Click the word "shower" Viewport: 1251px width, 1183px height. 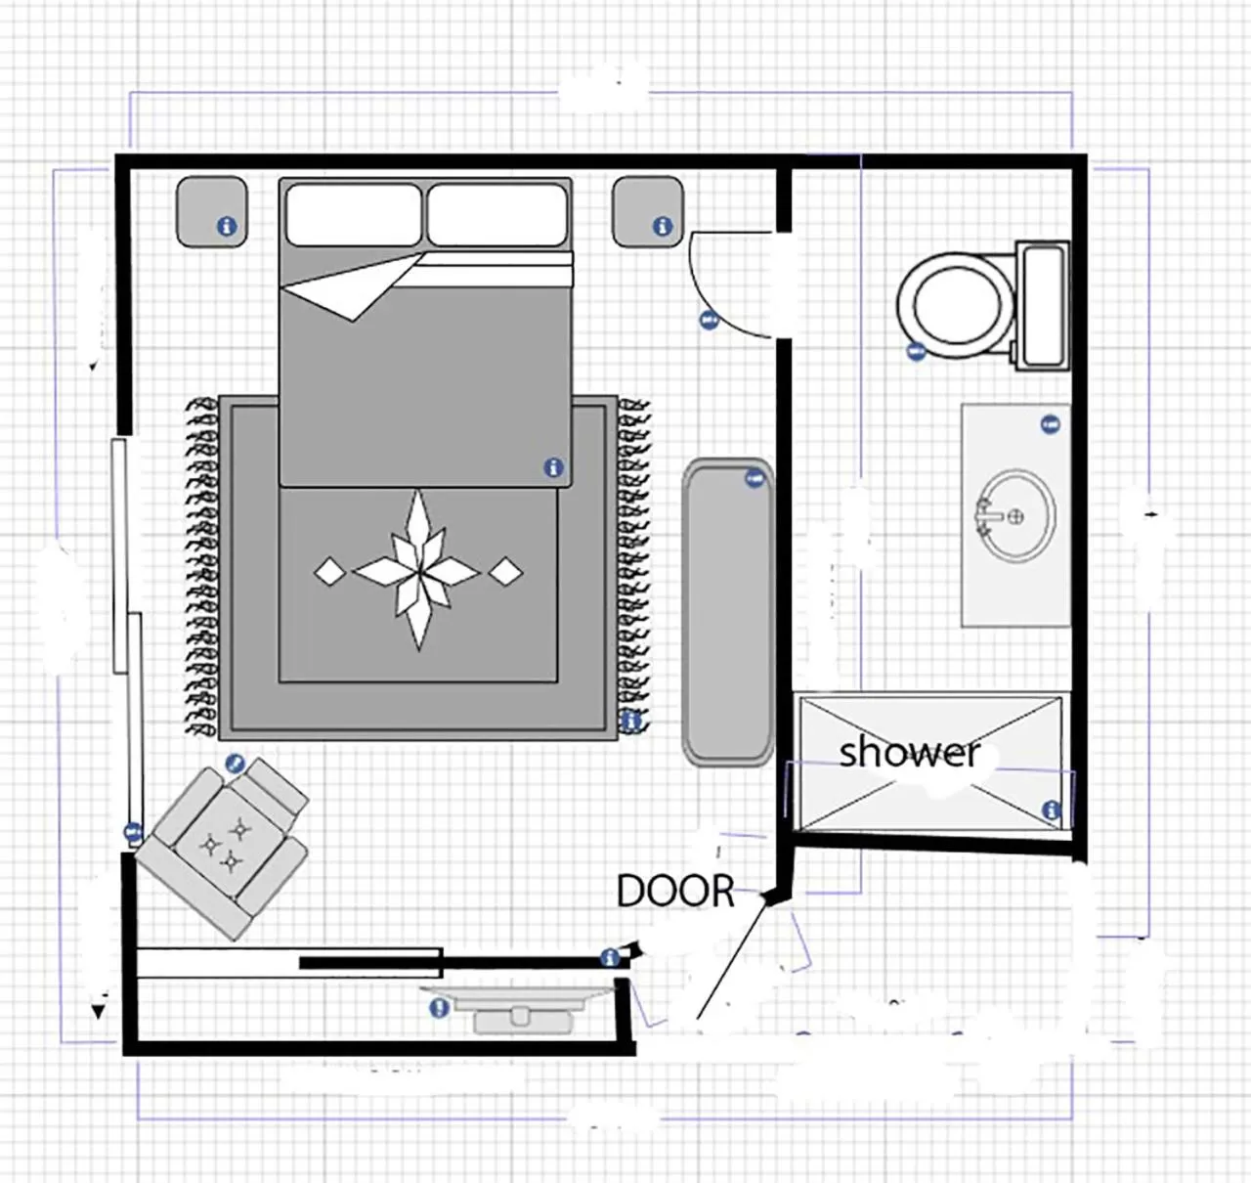[x=909, y=752]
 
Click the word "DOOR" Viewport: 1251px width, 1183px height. [x=675, y=891]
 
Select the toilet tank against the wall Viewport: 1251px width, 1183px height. [x=1042, y=305]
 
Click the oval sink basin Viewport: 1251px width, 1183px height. [x=1017, y=515]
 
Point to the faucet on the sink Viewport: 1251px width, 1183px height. [x=985, y=515]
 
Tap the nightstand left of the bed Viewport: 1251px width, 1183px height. [x=210, y=211]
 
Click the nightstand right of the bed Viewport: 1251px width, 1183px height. [x=647, y=211]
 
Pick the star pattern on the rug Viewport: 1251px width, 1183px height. [x=417, y=570]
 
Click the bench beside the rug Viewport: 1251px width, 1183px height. [x=728, y=611]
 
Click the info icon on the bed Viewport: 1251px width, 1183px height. [x=553, y=467]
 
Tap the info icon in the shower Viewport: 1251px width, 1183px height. [x=1051, y=810]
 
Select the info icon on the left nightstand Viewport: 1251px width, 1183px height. [x=226, y=226]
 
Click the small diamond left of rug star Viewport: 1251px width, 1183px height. [x=329, y=571]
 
